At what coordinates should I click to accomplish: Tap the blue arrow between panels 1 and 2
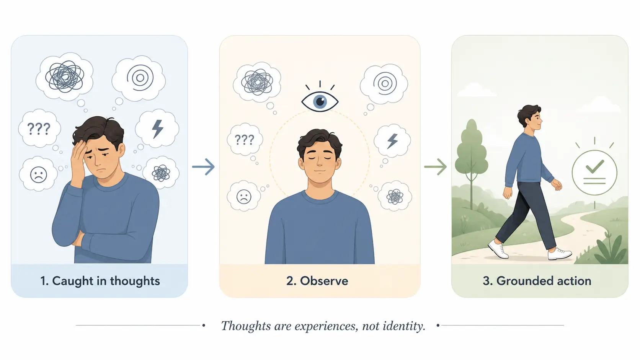click(x=203, y=166)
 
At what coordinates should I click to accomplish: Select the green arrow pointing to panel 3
click(x=436, y=166)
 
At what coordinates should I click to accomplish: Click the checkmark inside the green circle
click(x=594, y=166)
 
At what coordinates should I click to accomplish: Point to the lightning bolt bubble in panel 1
click(x=157, y=129)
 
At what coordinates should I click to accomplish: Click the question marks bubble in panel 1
click(x=39, y=128)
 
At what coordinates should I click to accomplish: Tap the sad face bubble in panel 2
click(x=244, y=196)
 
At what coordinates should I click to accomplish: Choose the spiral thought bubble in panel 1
click(x=139, y=78)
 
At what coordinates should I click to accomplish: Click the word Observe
click(x=324, y=281)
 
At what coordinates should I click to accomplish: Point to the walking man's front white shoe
click(x=560, y=254)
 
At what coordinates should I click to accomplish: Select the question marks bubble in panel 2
click(x=245, y=140)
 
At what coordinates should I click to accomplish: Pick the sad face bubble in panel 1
click(x=38, y=174)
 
